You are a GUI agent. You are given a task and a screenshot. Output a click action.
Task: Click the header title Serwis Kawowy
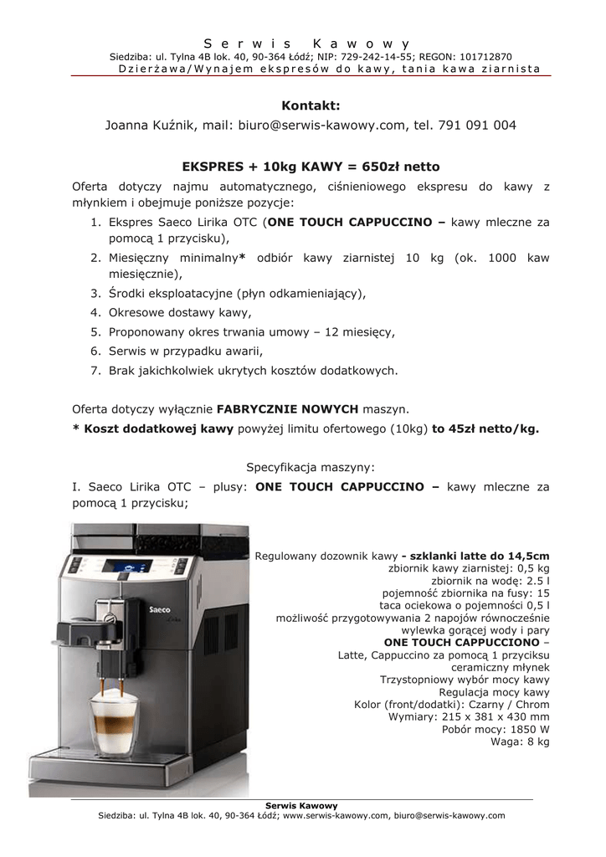306,43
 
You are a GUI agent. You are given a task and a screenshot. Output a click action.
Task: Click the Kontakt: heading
311,105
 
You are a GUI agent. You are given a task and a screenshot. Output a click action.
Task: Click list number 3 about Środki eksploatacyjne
96,294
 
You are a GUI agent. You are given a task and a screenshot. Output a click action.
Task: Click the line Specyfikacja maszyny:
311,466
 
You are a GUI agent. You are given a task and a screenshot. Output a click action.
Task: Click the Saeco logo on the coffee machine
160,610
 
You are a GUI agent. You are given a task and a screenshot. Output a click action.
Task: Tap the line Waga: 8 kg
520,742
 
